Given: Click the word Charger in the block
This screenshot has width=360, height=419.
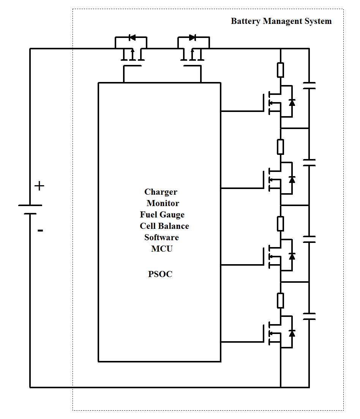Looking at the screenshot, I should click(x=161, y=192).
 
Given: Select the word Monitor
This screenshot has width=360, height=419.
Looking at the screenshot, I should click(x=163, y=203).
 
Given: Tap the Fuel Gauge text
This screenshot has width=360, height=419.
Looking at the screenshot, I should click(x=162, y=215).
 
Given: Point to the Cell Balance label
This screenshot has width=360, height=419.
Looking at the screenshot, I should click(x=164, y=226).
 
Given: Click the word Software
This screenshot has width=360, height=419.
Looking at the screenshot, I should click(x=161, y=238).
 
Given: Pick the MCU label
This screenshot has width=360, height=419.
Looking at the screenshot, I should click(x=162, y=249).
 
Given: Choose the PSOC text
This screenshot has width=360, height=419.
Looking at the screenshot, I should click(x=160, y=274).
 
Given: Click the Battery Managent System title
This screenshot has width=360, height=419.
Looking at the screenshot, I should click(x=281, y=21).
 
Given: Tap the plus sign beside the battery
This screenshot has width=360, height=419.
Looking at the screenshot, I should click(x=39, y=186).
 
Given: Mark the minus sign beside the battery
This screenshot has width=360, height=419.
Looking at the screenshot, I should click(x=40, y=230).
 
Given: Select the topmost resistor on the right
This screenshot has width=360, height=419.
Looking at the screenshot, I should click(x=280, y=70).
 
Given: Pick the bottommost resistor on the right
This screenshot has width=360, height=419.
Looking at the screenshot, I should click(x=280, y=301).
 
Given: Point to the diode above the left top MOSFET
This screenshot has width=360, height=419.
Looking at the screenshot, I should click(x=132, y=37).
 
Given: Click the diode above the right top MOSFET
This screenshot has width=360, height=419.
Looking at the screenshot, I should click(x=192, y=37).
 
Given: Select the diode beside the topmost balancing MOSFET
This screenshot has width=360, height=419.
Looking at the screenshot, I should click(x=292, y=102).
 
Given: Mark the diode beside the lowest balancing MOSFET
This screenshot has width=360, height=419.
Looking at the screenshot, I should click(x=292, y=333).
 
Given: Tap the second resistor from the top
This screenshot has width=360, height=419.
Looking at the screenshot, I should click(x=280, y=147).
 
